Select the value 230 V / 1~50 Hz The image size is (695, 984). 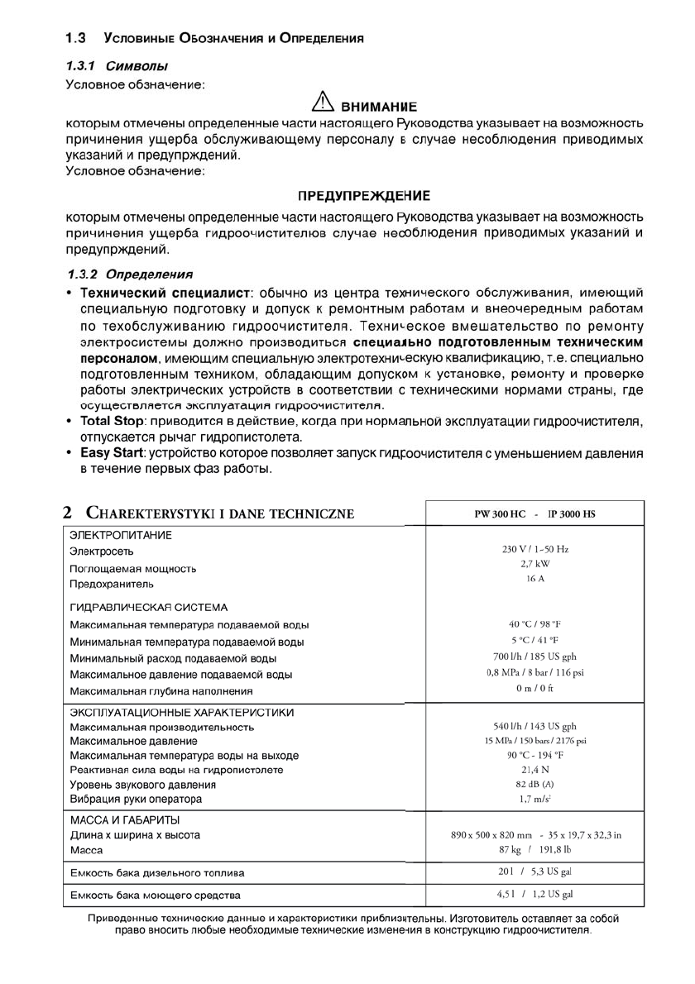point(534,549)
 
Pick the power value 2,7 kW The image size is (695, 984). point(534,563)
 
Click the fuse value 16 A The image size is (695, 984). point(534,578)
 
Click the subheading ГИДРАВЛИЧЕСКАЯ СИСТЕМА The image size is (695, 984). point(149,607)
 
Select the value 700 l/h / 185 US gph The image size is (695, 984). point(534,657)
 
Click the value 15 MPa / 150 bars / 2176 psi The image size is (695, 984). point(534,740)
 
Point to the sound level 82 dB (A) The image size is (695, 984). point(534,784)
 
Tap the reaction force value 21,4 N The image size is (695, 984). point(534,769)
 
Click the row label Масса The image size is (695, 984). point(86,850)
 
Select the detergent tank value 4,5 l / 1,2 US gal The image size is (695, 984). point(534,895)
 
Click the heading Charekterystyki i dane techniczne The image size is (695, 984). point(210,513)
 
